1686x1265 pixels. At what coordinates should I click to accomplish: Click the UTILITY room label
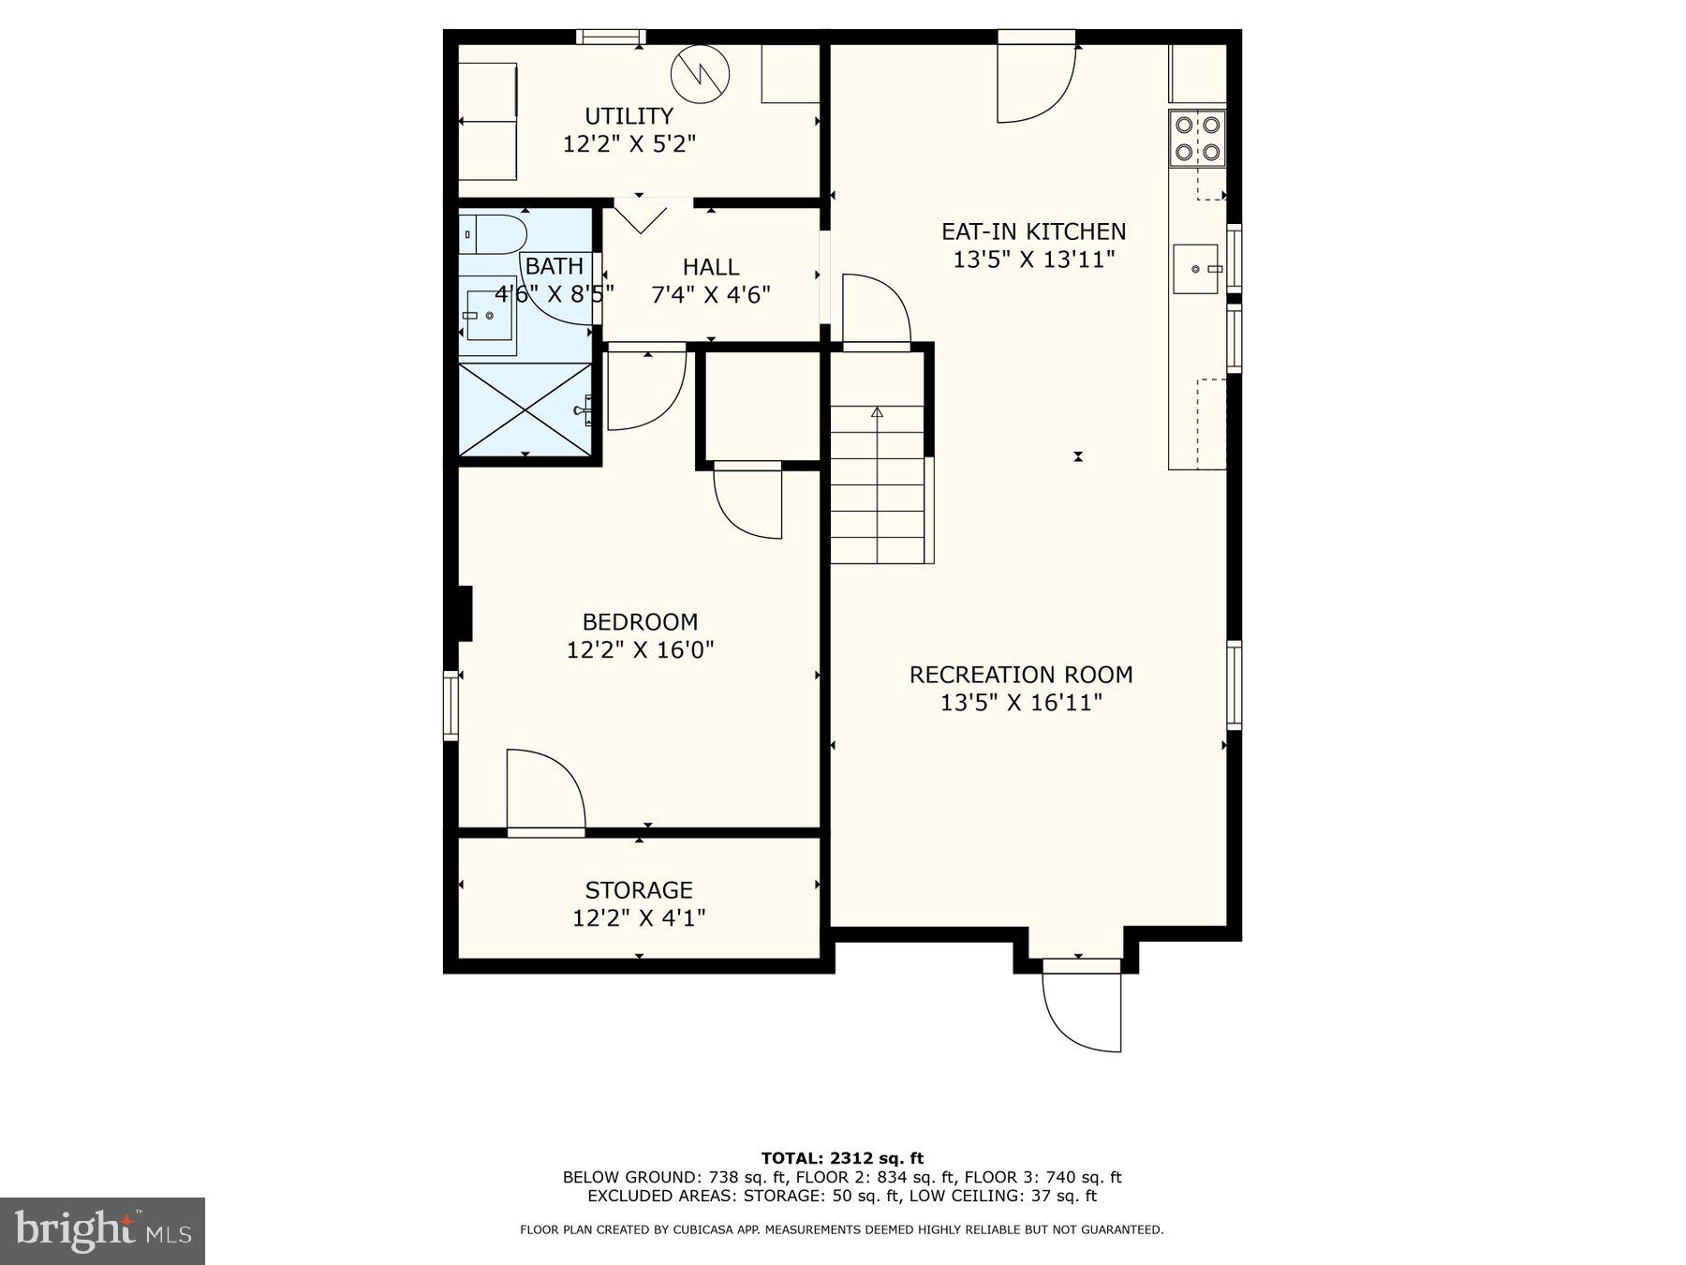click(x=629, y=116)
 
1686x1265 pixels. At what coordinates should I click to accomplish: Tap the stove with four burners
click(x=1197, y=138)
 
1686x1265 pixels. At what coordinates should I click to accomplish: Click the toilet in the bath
click(x=492, y=234)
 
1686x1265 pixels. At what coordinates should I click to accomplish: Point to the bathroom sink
click(x=488, y=316)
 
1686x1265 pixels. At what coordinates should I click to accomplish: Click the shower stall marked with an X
click(x=525, y=409)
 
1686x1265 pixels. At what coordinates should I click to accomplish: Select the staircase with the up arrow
click(x=878, y=484)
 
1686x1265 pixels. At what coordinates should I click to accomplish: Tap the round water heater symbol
click(x=700, y=73)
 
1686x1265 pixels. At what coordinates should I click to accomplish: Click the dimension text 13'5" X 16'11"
click(x=1021, y=703)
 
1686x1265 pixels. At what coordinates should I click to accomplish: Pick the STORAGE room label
click(x=639, y=889)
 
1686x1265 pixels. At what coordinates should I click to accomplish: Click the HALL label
click(x=711, y=267)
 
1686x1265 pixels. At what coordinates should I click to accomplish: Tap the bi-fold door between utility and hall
click(x=641, y=214)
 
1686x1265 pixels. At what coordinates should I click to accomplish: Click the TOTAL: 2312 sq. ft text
click(x=842, y=1158)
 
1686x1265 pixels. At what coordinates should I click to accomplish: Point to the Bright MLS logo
click(x=102, y=1230)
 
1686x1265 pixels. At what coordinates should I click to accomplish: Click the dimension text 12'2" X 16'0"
click(x=640, y=649)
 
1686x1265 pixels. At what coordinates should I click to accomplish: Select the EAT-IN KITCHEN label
click(x=1033, y=231)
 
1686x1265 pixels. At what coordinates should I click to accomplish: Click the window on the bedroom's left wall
click(x=451, y=705)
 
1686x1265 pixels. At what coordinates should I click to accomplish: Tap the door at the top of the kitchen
click(x=1035, y=80)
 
